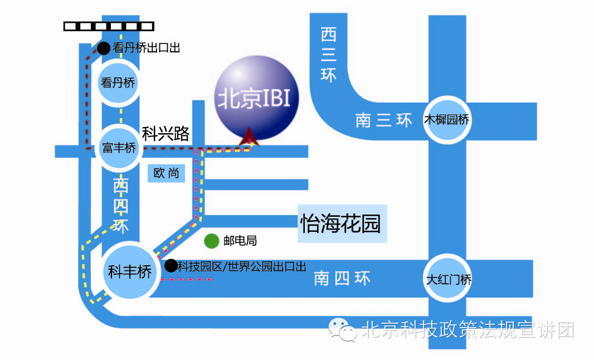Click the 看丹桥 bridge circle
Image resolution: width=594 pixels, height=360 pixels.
click(x=118, y=83)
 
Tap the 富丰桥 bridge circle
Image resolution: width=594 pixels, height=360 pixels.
click(x=119, y=148)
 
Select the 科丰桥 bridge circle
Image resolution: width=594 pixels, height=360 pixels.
click(x=130, y=272)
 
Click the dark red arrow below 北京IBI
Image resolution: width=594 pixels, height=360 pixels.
click(x=246, y=137)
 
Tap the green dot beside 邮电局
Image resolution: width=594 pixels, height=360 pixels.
click(x=211, y=241)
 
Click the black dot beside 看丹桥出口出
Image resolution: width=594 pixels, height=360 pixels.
click(x=104, y=48)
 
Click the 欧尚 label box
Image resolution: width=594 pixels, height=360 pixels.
click(x=166, y=173)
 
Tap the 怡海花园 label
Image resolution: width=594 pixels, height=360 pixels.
click(x=340, y=224)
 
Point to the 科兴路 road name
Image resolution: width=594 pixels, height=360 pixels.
click(x=165, y=134)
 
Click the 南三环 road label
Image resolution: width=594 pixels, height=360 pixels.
click(x=383, y=120)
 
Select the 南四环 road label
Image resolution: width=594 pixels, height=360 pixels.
click(x=342, y=278)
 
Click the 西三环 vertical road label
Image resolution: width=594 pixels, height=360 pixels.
click(x=329, y=55)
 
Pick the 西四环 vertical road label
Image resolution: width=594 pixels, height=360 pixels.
click(x=120, y=206)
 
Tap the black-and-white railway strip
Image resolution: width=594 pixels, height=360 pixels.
click(x=109, y=26)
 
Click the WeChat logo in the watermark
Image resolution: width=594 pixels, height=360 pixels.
click(x=343, y=330)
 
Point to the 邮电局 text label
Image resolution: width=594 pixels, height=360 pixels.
click(x=240, y=241)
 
